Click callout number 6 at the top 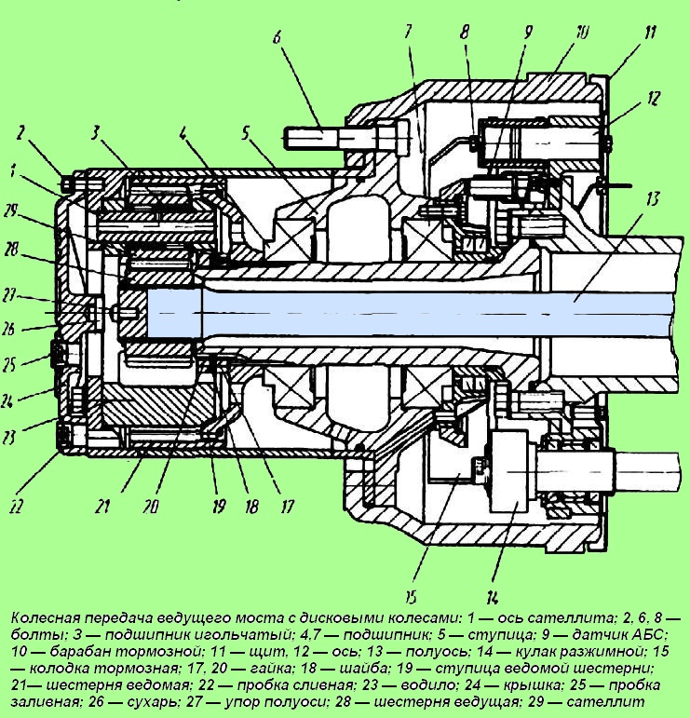click(277, 37)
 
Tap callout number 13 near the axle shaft click(653, 199)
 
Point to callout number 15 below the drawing click(411, 598)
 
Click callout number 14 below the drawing click(493, 598)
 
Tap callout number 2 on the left click(20, 133)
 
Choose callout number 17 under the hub click(287, 507)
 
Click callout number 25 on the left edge click(8, 365)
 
